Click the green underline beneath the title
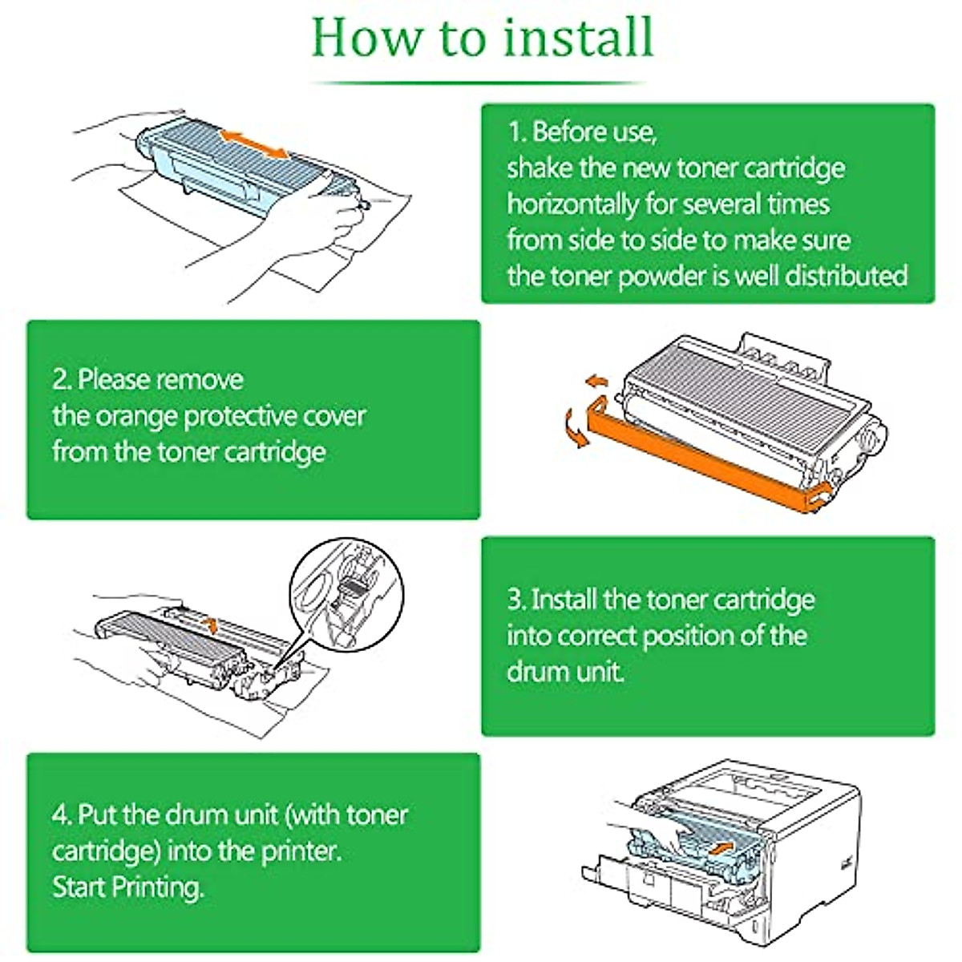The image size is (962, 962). pos(478,83)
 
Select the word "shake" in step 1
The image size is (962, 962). pos(540,168)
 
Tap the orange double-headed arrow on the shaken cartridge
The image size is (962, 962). pos(254,145)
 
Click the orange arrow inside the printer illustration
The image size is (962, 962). pos(720,847)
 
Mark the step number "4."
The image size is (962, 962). pos(63,814)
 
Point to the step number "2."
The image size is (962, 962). pos(63,379)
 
